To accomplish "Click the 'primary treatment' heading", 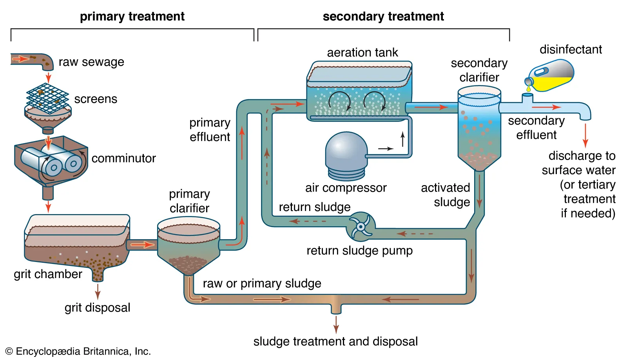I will [132, 16].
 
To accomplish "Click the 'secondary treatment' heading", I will [383, 16].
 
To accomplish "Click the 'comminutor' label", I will [123, 158].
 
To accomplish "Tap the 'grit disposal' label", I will [97, 307].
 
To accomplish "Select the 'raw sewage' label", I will [91, 62].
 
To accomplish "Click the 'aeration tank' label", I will [362, 53].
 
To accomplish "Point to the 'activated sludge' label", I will [446, 195].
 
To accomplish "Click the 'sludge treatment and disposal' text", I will [335, 341].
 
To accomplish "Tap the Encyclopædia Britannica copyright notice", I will [78, 351].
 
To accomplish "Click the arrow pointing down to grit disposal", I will [98, 291].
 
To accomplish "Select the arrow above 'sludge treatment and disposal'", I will [336, 324].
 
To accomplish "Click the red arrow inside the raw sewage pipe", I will [20, 59].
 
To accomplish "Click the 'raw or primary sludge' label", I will [262, 283].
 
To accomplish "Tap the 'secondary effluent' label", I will [536, 128].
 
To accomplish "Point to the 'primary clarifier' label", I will [189, 201].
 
